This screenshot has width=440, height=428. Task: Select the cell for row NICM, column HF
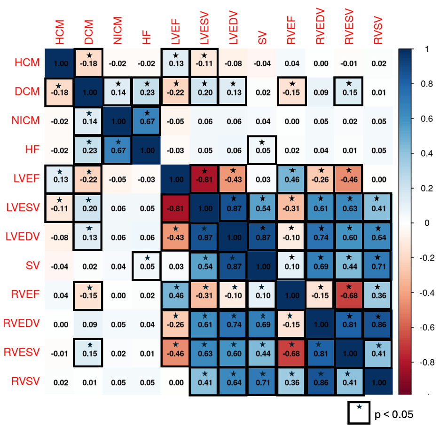(x=146, y=120)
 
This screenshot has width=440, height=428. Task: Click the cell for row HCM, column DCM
(x=88, y=63)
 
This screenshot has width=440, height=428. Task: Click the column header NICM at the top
(x=117, y=32)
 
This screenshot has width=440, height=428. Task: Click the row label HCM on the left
(x=25, y=63)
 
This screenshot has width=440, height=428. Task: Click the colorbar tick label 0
(x=427, y=222)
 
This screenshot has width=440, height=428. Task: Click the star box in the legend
(x=360, y=412)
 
